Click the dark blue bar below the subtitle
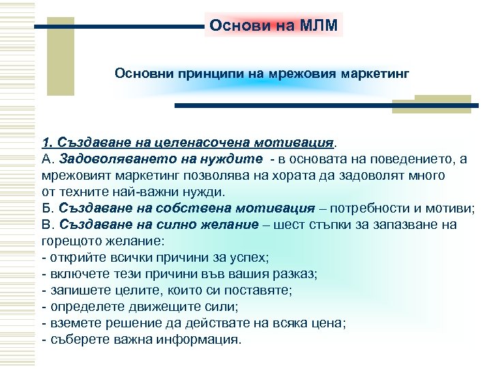coord(327,106)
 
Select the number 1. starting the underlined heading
coord(48,143)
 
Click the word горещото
coord(70,241)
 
